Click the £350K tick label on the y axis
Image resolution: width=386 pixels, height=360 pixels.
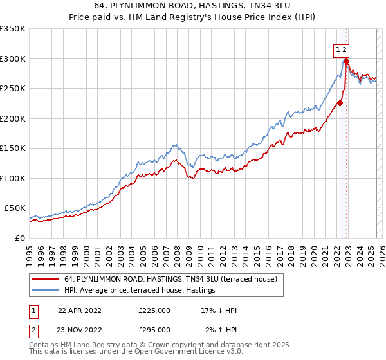(12, 29)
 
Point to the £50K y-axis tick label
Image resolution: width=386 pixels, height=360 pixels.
(14, 208)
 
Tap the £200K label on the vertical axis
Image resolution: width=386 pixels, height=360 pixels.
(12, 118)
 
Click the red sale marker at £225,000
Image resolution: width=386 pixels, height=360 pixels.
(340, 103)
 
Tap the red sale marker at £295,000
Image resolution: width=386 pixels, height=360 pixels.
(346, 61)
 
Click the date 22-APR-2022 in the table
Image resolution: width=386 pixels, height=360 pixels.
(80, 310)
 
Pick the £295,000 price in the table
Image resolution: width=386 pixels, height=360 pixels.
(154, 329)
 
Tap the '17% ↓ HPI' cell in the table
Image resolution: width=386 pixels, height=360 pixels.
(219, 310)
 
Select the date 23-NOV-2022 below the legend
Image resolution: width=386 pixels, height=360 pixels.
(80, 329)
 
